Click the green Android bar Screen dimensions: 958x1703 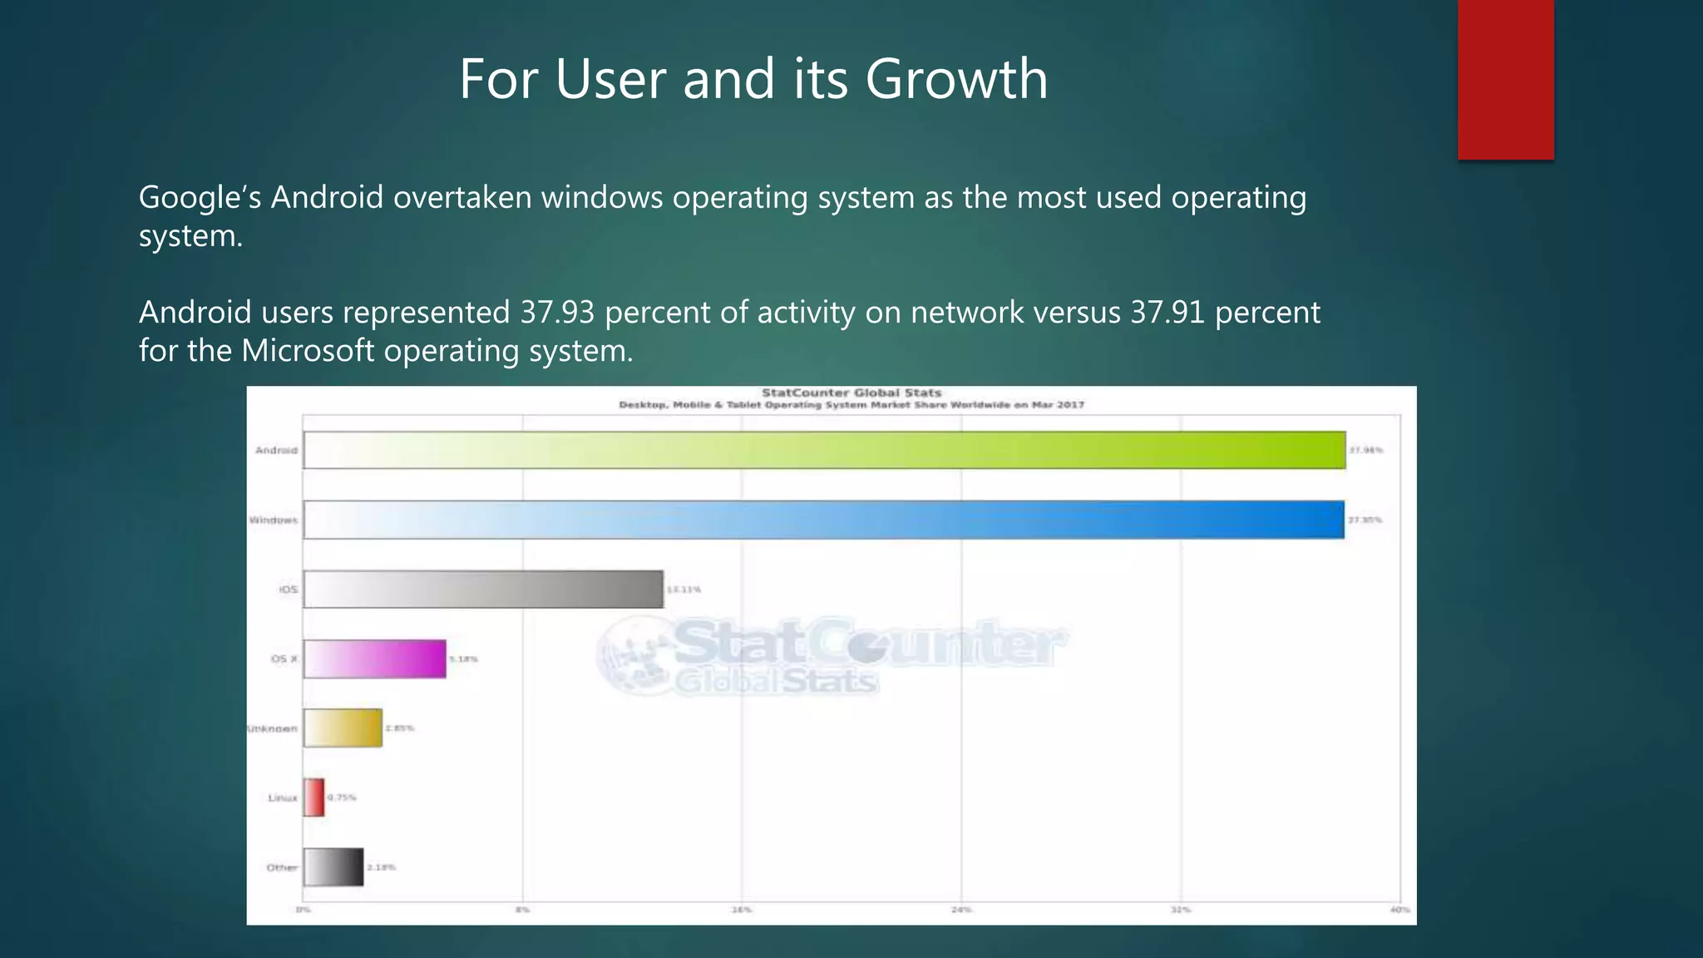pos(823,450)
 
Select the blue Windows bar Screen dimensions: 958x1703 pos(823,520)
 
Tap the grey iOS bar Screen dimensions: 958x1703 pos(483,590)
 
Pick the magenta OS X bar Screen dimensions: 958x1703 pos(374,659)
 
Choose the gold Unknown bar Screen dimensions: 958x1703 pos(343,728)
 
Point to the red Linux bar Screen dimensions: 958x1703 pos(313,798)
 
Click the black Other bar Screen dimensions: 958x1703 pos(333,867)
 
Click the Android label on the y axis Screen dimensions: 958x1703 pos(276,450)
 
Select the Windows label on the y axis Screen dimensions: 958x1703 pos(274,520)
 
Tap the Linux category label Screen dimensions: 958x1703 pos(283,798)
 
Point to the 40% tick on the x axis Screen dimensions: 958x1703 pos(1399,910)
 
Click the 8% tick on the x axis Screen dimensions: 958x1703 pos(522,910)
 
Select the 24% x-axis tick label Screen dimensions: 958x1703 pos(961,910)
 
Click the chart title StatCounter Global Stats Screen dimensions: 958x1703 pos(851,393)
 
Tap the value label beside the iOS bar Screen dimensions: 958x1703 pos(684,590)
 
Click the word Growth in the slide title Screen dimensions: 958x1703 pos(956,80)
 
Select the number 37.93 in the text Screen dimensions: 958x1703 pos(557,313)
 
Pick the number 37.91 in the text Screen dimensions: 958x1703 pos(1167,313)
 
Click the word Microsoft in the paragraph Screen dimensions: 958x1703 pos(308,351)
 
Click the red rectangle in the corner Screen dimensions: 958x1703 pos(1505,80)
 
